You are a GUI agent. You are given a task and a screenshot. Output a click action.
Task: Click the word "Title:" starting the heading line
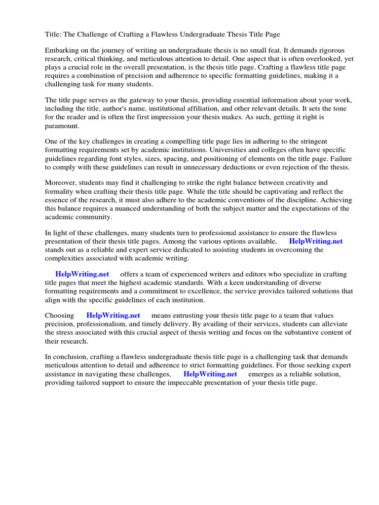pyautogui.click(x=54, y=35)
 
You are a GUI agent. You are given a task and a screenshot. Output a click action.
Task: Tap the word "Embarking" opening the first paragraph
pyautogui.click(x=62, y=51)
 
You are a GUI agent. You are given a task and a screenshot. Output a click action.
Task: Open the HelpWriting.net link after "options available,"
pyautogui.click(x=315, y=241)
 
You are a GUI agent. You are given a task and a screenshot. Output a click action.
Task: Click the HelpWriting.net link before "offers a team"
pyautogui.click(x=82, y=274)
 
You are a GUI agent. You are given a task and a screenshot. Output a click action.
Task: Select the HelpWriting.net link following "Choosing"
pyautogui.click(x=113, y=315)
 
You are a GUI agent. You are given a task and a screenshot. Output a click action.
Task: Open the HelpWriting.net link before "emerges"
pyautogui.click(x=210, y=374)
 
